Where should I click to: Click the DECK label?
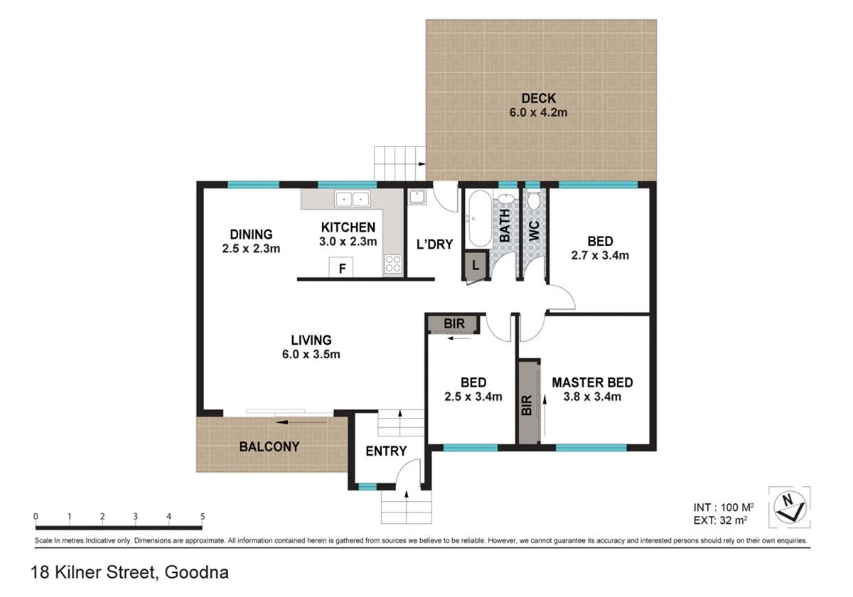click(x=539, y=98)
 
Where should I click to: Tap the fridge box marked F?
click(x=340, y=267)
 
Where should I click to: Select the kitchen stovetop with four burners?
click(x=393, y=264)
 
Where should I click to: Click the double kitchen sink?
click(x=353, y=199)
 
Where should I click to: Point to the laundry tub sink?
click(x=417, y=198)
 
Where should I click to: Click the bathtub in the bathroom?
click(x=480, y=219)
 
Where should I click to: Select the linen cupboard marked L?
click(x=476, y=265)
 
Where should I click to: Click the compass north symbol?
click(x=790, y=507)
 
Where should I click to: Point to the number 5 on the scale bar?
click(x=202, y=516)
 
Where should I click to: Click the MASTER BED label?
click(x=592, y=382)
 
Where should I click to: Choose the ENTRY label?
click(x=386, y=451)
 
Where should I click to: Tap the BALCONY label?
click(x=269, y=446)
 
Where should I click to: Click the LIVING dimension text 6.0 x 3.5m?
click(x=311, y=354)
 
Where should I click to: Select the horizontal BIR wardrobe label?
click(x=454, y=323)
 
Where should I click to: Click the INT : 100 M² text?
click(x=724, y=507)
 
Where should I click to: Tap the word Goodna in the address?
click(x=196, y=572)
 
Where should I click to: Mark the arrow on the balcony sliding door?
click(x=301, y=422)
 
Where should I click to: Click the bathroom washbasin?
click(x=506, y=199)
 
